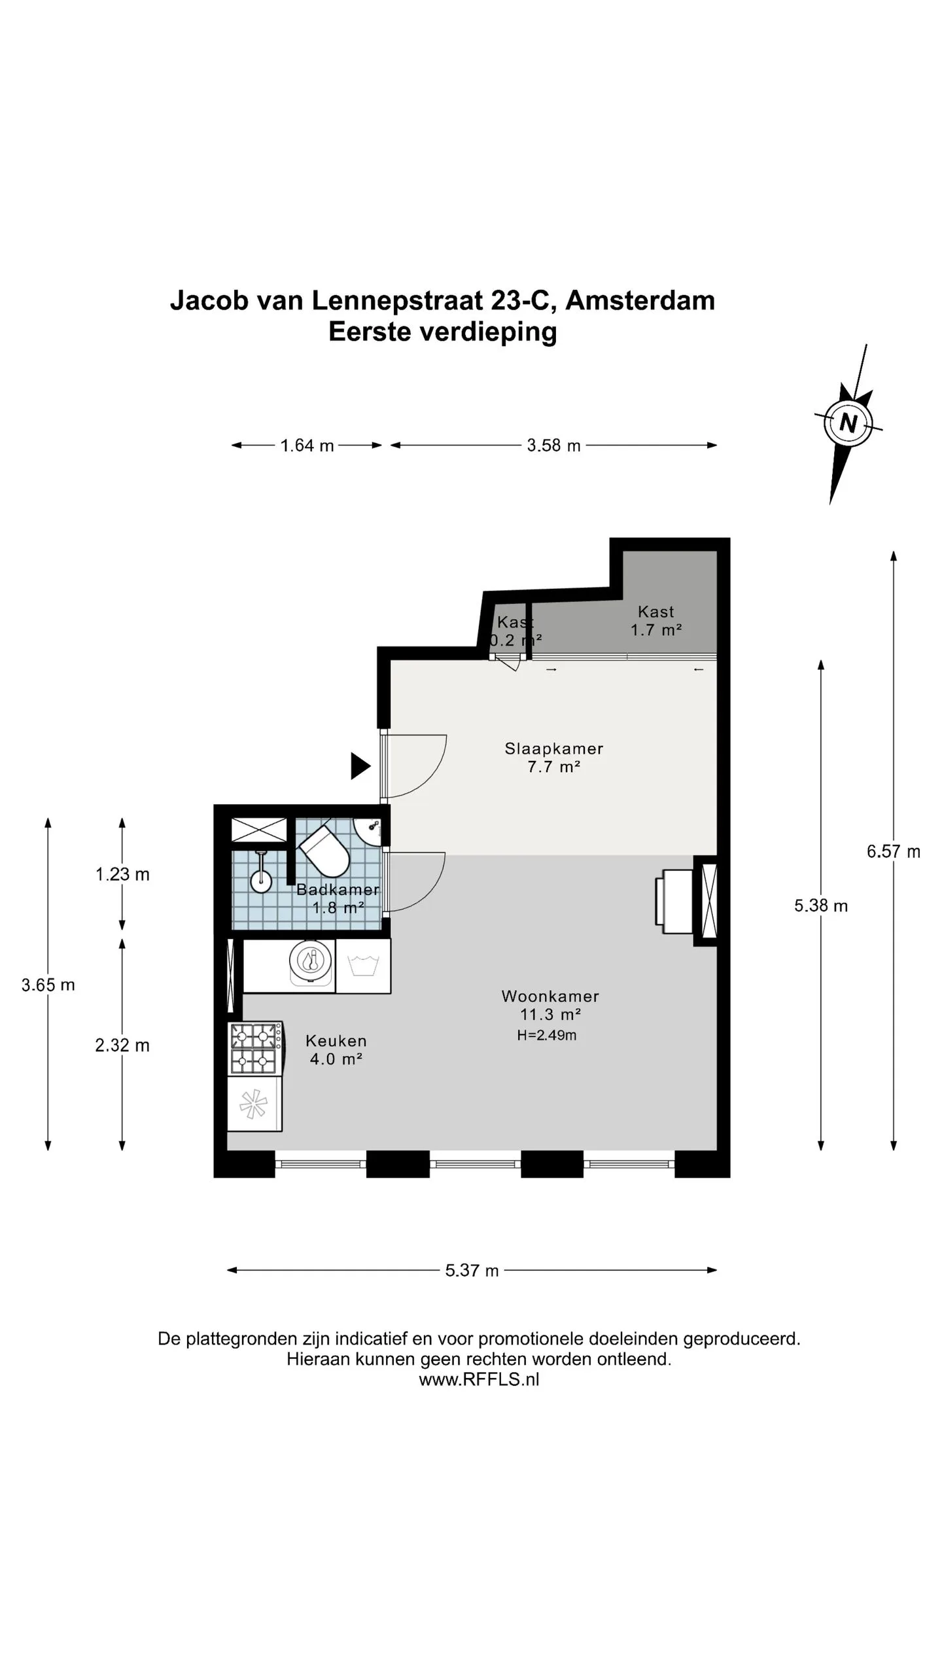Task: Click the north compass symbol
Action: [x=848, y=423]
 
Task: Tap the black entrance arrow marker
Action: [x=360, y=766]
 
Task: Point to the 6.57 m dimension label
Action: [x=893, y=851]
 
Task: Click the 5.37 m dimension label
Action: [x=472, y=1270]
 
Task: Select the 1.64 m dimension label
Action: [x=307, y=446]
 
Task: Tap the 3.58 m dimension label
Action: [x=553, y=445]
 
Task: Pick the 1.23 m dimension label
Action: [x=122, y=874]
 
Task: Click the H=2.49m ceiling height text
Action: [x=546, y=1035]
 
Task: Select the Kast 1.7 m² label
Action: [x=655, y=620]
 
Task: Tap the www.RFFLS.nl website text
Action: [x=479, y=1379]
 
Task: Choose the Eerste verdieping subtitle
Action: [x=442, y=332]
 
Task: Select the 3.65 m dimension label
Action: [x=48, y=985]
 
